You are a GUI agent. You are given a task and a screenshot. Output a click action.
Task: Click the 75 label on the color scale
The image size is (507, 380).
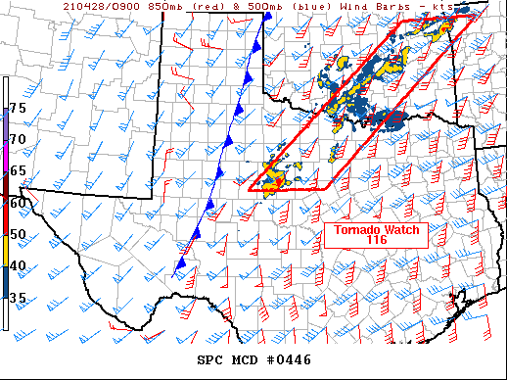coord(18,107)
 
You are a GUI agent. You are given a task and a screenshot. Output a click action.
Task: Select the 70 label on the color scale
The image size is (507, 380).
coord(18,139)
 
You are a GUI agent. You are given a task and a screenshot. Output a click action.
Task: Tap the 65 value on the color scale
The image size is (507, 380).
coord(18,171)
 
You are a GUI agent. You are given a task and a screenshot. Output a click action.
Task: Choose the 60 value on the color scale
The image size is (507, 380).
coord(18,203)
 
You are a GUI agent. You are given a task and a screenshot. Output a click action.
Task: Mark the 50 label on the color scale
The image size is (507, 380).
coord(18,234)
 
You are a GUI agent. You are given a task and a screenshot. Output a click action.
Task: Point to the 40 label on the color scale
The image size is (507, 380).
coord(18,266)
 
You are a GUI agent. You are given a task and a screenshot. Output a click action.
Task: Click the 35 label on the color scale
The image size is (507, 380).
coord(18,299)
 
